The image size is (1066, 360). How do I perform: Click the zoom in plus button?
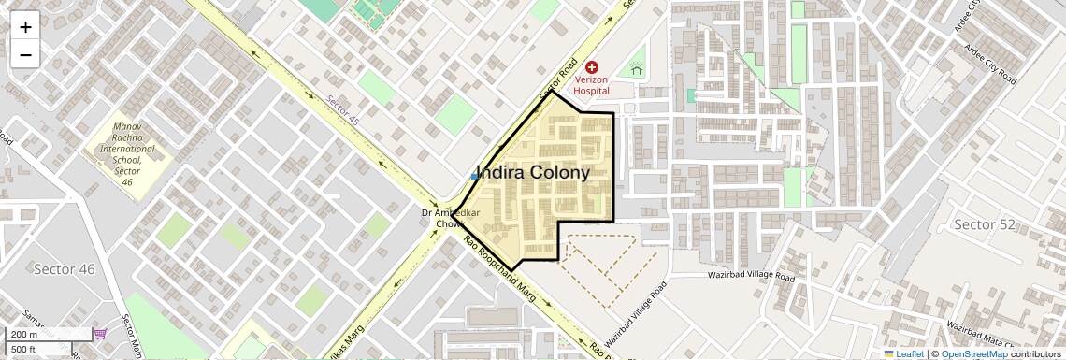pyautogui.click(x=25, y=27)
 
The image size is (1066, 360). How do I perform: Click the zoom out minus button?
pyautogui.click(x=25, y=55)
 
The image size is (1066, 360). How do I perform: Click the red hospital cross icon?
pyautogui.click(x=591, y=67)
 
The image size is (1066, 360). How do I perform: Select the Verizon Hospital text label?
pyautogui.click(x=591, y=85)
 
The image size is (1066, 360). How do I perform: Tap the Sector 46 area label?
pyautogui.click(x=65, y=269)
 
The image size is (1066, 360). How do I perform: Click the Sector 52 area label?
pyautogui.click(x=984, y=223)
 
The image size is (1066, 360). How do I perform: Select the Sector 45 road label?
pyautogui.click(x=343, y=109)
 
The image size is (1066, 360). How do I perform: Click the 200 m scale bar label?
pyautogui.click(x=24, y=335)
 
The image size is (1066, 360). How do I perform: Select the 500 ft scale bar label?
pyautogui.click(x=24, y=350)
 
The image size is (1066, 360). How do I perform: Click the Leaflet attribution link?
pyautogui.click(x=903, y=353)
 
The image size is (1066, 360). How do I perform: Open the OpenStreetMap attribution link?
pyautogui.click(x=973, y=353)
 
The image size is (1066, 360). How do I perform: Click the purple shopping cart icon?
pyautogui.click(x=100, y=334)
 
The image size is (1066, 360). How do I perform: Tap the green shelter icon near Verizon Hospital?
pyautogui.click(x=637, y=68)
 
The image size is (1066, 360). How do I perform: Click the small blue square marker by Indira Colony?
pyautogui.click(x=475, y=176)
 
